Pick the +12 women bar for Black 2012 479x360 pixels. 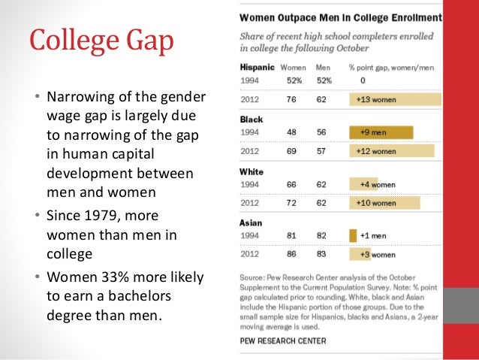pyautogui.click(x=391, y=151)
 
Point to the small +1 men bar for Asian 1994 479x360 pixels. pyautogui.click(x=353, y=236)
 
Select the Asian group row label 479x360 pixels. pyautogui.click(x=249, y=222)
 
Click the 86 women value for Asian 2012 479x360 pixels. pyautogui.click(x=289, y=255)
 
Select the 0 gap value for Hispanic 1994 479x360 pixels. pyautogui.click(x=362, y=80)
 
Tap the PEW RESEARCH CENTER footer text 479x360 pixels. pyautogui.click(x=283, y=340)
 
